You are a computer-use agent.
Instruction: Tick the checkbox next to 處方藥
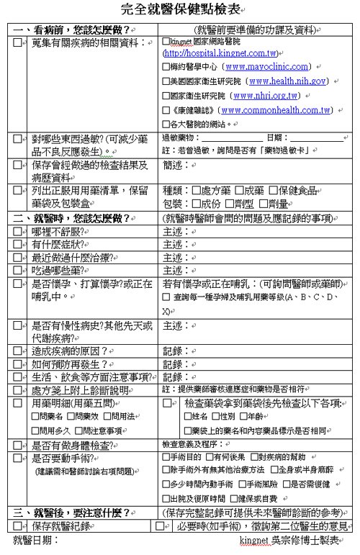197,191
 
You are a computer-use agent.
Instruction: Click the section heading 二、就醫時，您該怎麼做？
72,217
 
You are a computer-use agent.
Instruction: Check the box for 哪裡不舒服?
18,232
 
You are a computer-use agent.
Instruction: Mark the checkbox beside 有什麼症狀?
18,245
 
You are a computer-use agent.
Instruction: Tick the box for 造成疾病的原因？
18,351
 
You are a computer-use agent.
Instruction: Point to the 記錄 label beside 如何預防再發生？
172,364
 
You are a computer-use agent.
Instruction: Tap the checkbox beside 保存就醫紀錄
18,525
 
